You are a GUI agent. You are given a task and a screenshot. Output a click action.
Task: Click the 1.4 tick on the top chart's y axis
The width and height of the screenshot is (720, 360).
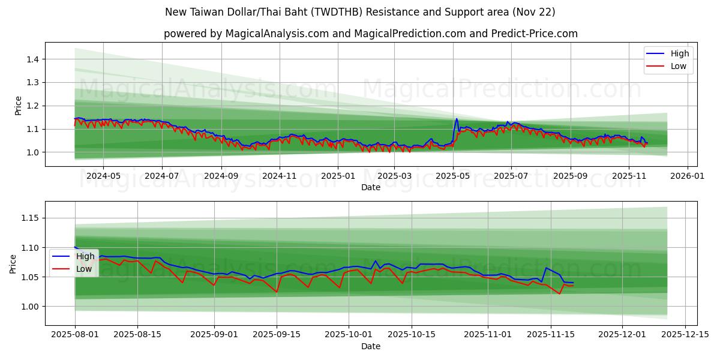coord(31,59)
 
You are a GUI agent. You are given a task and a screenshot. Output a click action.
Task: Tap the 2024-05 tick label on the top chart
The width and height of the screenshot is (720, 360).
coord(103,176)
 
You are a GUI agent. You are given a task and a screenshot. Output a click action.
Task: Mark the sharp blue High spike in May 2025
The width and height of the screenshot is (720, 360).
coord(457,119)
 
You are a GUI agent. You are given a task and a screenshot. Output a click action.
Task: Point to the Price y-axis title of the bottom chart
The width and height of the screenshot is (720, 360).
coord(13,263)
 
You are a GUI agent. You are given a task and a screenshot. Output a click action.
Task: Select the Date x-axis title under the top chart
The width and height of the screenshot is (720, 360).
coord(370,187)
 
